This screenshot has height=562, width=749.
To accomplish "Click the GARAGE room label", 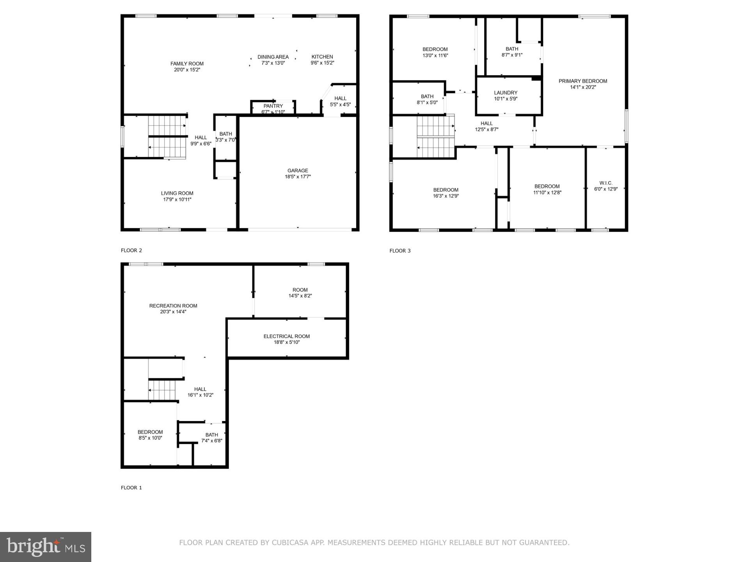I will pyautogui.click(x=298, y=171).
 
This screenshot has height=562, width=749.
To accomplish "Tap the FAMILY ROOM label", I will pyautogui.click(x=187, y=64).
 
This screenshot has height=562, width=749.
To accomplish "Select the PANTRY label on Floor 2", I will pyautogui.click(x=273, y=106).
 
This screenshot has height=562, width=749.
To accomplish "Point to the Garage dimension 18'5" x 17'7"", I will pyautogui.click(x=298, y=177).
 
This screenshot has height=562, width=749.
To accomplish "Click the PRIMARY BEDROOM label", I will pyautogui.click(x=583, y=81).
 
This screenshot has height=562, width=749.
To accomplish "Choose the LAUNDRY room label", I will pyautogui.click(x=506, y=93).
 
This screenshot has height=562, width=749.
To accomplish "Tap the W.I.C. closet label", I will pyautogui.click(x=606, y=183).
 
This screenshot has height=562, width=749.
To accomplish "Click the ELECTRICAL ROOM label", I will pyautogui.click(x=286, y=336).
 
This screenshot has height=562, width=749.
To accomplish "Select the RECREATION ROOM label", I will pyautogui.click(x=173, y=306).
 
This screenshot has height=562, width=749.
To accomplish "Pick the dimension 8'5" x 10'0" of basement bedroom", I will pyautogui.click(x=150, y=438).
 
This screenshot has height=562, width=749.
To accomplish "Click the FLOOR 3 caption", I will pyautogui.click(x=400, y=251).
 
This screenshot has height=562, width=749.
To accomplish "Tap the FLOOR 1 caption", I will pyautogui.click(x=131, y=487).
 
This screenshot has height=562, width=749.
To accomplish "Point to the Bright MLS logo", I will pyautogui.click(x=46, y=547).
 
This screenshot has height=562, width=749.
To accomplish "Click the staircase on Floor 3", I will pyautogui.click(x=436, y=136).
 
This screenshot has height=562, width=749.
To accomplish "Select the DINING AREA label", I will pyautogui.click(x=273, y=57).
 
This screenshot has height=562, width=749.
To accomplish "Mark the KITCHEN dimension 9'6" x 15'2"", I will pyautogui.click(x=322, y=63).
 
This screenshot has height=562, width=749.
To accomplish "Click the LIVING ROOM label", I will pyautogui.click(x=177, y=193).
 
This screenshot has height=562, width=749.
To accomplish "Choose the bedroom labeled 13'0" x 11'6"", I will pyautogui.click(x=435, y=52).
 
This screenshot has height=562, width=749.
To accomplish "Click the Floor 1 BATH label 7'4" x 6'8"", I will pyautogui.click(x=212, y=438).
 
